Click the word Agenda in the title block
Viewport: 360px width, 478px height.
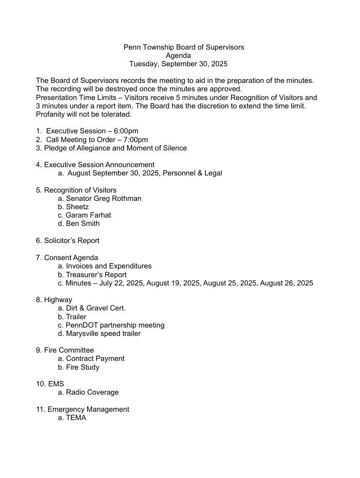coord(178,55)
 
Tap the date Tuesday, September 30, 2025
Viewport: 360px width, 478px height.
coord(178,64)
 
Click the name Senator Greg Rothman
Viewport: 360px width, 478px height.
coord(103,198)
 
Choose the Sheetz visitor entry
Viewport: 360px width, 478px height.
coord(77,207)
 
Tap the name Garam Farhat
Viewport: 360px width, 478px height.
coord(88,215)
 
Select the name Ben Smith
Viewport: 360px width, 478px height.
coord(82,223)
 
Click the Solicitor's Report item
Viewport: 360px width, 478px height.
coord(72,240)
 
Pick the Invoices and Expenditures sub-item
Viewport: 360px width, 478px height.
coord(108,266)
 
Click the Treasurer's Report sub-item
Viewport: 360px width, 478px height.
coord(96,275)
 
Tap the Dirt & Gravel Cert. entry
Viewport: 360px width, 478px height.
coord(95,308)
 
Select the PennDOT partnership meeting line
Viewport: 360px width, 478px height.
coord(115,325)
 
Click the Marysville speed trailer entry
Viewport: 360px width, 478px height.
coord(103,333)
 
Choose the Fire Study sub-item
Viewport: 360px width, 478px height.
coord(82,367)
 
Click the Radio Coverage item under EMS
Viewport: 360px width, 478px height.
coord(92,392)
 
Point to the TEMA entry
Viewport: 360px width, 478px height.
coord(76,418)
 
